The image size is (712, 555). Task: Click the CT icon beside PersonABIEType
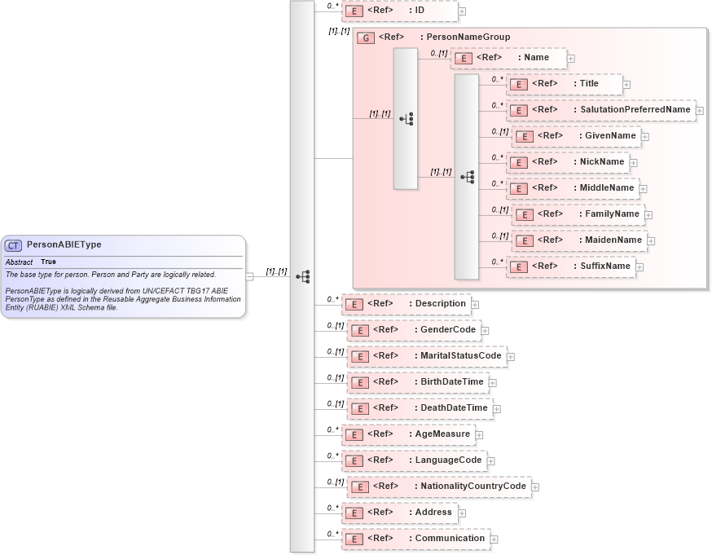click(x=14, y=244)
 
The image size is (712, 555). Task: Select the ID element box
click(x=399, y=11)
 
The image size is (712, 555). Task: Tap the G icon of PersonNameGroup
click(x=366, y=37)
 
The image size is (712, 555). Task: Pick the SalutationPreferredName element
click(x=601, y=110)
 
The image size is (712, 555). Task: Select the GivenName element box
click(x=576, y=136)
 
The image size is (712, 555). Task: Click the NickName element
click(x=568, y=162)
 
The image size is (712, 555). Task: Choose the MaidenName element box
click(x=580, y=240)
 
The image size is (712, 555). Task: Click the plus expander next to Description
click(x=476, y=304)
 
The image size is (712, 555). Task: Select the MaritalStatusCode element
click(x=426, y=356)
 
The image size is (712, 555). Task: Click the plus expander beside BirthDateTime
click(x=492, y=382)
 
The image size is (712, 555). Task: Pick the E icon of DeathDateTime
click(x=359, y=408)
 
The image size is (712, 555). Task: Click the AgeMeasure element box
click(x=408, y=434)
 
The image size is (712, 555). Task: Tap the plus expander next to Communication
click(x=494, y=539)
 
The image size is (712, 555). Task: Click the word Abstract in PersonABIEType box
click(x=19, y=262)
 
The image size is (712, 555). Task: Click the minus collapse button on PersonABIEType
click(x=249, y=276)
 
